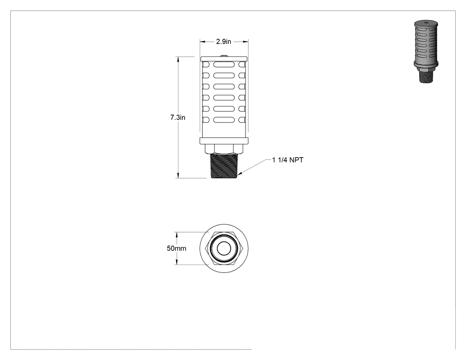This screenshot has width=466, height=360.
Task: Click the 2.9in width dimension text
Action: point(224,42)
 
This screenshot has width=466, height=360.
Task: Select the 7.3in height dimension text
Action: point(178,118)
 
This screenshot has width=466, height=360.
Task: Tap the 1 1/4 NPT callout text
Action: point(288,160)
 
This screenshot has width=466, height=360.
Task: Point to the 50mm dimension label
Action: point(177,248)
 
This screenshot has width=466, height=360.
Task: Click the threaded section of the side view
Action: point(224,166)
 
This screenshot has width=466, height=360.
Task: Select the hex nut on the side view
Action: point(224,149)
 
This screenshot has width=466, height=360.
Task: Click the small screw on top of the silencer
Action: point(224,55)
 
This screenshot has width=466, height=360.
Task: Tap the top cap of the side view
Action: point(224,59)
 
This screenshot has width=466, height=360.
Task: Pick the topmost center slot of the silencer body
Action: point(224,65)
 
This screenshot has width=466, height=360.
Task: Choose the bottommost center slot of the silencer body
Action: point(224,120)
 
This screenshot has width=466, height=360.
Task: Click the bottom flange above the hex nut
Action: point(224,141)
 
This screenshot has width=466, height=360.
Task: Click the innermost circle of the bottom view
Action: point(224,249)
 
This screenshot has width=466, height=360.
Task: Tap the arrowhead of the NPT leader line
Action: point(240,173)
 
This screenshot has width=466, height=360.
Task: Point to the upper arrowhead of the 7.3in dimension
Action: point(178,59)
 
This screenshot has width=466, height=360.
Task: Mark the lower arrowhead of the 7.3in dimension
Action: point(178,176)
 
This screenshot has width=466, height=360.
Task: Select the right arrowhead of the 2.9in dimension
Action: point(245,42)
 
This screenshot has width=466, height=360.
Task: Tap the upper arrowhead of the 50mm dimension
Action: point(177,235)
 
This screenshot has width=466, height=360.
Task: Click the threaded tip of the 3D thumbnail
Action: point(426,76)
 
